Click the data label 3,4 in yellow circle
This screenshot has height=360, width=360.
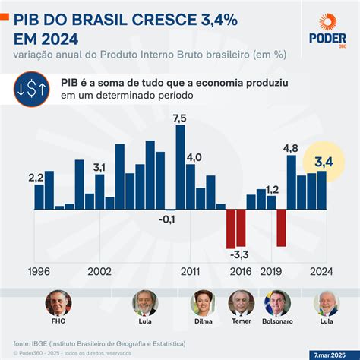(324, 160)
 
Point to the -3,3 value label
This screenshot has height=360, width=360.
(241, 254)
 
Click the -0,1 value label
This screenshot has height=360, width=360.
(166, 219)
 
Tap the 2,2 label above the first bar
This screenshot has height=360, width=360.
(36, 178)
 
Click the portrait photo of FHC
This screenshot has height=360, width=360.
(57, 303)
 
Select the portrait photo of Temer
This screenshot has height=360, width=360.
(241, 303)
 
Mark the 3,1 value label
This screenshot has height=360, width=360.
(99, 166)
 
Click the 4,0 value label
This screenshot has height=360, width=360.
(194, 157)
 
